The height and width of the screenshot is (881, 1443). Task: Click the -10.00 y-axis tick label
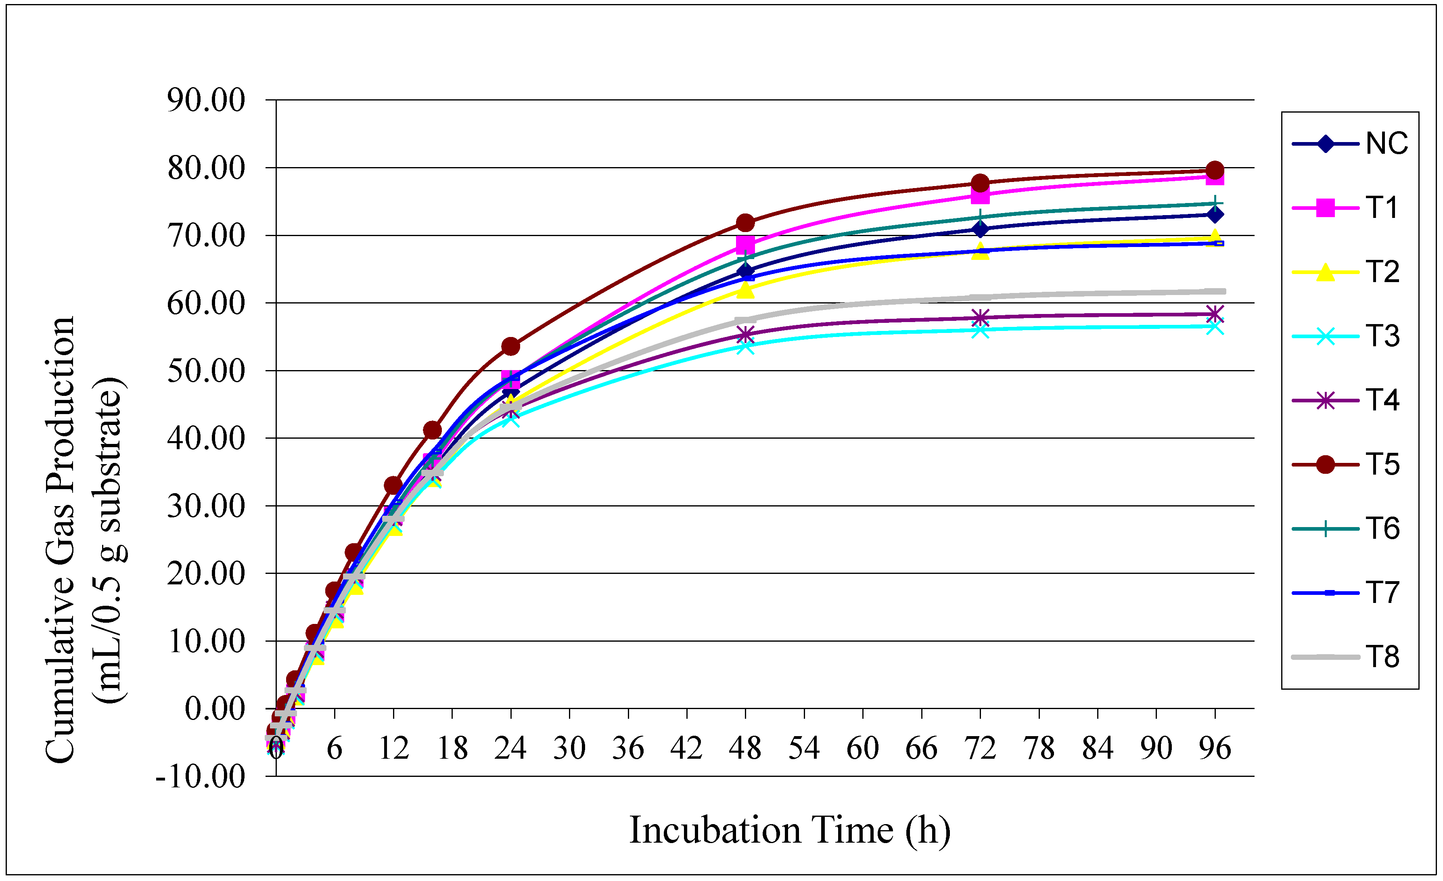point(200,777)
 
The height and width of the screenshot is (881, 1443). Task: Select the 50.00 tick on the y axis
point(206,371)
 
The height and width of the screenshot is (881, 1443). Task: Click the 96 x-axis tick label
point(1215,749)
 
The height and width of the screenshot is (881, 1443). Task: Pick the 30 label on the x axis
point(569,749)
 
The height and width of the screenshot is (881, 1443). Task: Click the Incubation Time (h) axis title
point(789,830)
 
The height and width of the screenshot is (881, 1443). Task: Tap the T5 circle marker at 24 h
point(511,347)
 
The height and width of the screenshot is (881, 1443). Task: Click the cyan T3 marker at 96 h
point(1215,326)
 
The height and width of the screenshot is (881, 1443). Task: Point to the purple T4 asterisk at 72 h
point(980,318)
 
